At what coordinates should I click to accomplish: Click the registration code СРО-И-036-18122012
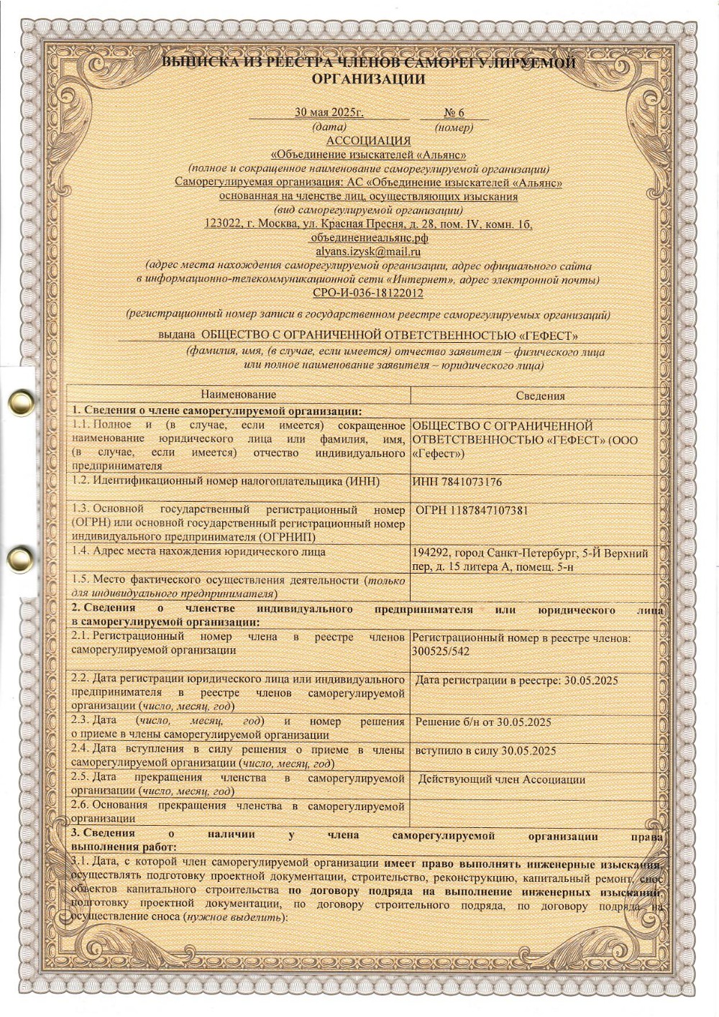pyautogui.click(x=368, y=293)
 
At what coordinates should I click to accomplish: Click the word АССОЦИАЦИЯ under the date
pyautogui.click(x=368, y=140)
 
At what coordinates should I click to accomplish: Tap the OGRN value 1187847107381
pyautogui.click(x=489, y=510)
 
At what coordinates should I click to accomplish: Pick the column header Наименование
pyautogui.click(x=238, y=395)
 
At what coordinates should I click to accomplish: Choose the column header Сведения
pyautogui.click(x=540, y=395)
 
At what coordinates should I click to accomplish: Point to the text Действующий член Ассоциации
pyautogui.click(x=502, y=779)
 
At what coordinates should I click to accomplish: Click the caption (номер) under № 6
pyautogui.click(x=454, y=127)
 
